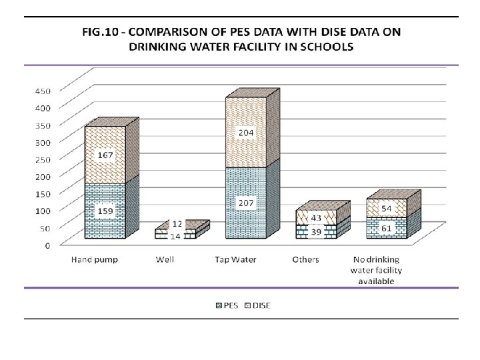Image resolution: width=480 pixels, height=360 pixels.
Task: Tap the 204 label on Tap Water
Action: click(247, 133)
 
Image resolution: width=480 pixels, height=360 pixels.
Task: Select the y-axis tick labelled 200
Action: click(43, 176)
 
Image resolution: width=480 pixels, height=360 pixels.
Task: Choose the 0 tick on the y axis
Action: click(47, 245)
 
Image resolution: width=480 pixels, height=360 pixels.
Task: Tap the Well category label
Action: click(165, 259)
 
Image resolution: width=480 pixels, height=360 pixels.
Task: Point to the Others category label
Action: click(305, 259)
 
